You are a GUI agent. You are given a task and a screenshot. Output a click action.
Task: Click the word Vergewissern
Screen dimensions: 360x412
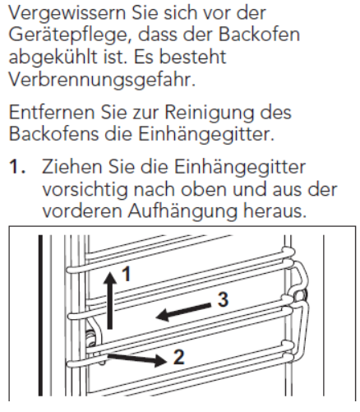click(67, 14)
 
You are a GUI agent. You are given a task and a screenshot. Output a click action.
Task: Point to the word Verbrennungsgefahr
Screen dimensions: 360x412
click(102, 81)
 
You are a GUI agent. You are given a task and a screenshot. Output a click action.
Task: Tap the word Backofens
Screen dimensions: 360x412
click(54, 134)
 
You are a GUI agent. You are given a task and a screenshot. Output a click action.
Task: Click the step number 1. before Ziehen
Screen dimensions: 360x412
click(18, 167)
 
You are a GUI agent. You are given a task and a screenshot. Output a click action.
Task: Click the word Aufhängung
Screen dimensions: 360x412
click(182, 212)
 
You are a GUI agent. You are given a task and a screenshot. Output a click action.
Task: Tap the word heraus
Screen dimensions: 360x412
click(275, 211)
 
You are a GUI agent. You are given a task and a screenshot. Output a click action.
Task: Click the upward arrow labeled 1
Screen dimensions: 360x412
click(110, 300)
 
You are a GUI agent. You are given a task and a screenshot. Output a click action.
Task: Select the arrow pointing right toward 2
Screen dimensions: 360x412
click(137, 359)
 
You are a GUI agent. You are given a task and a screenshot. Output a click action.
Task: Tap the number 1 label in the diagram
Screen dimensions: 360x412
click(126, 274)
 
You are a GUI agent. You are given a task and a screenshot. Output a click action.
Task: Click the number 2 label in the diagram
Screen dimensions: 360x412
click(179, 357)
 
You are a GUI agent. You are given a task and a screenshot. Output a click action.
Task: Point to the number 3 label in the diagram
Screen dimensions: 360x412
click(223, 299)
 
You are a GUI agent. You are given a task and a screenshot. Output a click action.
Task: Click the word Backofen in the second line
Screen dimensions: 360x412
click(259, 35)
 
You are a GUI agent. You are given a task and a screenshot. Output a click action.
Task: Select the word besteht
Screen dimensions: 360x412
click(193, 57)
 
